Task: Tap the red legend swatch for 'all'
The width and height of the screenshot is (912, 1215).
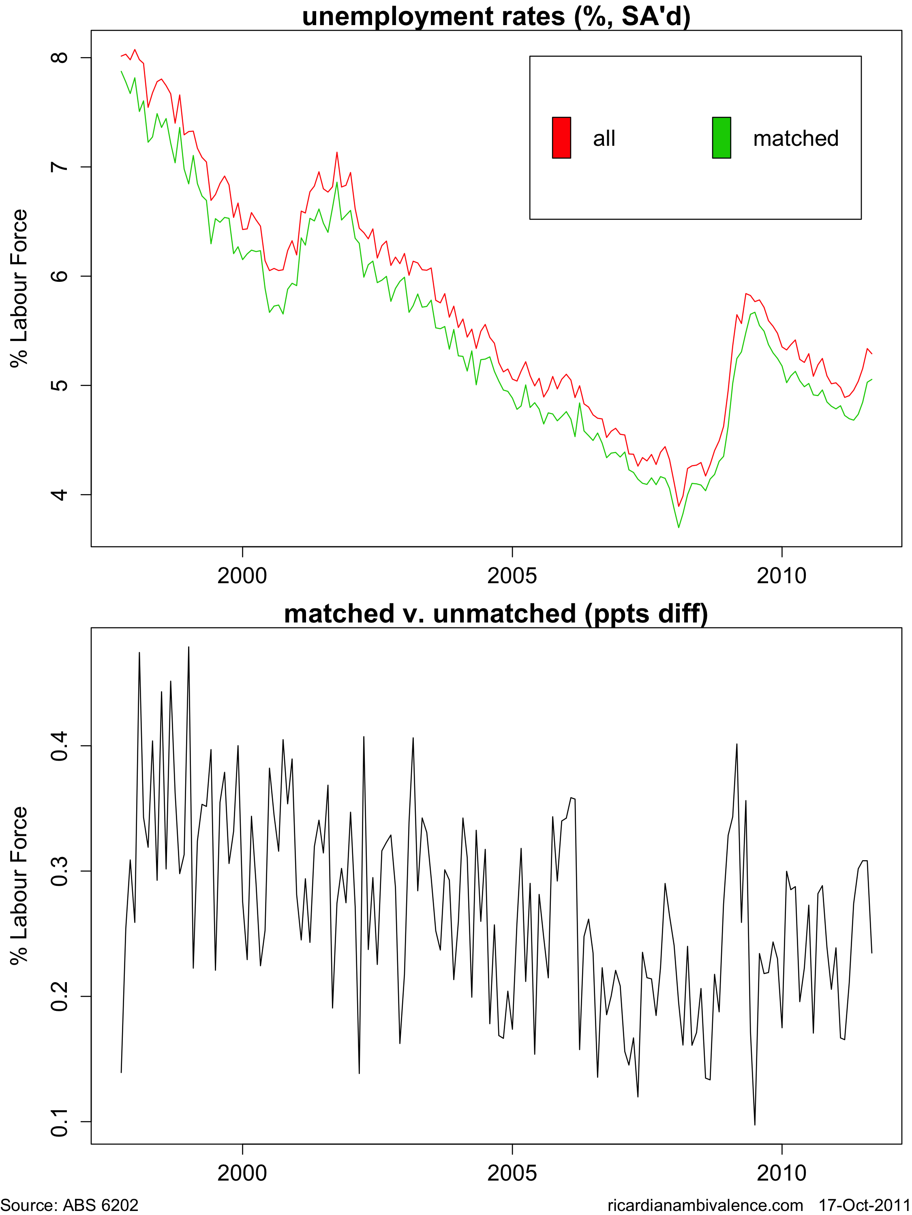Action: coord(561,138)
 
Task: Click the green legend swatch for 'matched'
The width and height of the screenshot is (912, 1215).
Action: coord(721,138)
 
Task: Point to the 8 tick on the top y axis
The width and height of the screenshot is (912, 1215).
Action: coord(59,58)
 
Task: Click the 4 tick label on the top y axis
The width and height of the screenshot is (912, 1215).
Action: coord(59,495)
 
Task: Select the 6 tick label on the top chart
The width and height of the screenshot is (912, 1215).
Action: coord(59,276)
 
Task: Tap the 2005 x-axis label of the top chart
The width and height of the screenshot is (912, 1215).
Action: coord(512,576)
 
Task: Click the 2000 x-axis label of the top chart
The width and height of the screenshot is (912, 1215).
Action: coord(242,576)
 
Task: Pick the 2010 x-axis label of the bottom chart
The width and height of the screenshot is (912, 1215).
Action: coord(781,1173)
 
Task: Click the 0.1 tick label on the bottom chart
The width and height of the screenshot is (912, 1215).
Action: coord(59,1121)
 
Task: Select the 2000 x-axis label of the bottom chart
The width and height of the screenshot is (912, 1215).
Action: coord(242,1173)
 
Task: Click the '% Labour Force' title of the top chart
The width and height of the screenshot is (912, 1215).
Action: coord(19,288)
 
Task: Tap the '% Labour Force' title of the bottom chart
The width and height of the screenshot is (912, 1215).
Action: coord(19,885)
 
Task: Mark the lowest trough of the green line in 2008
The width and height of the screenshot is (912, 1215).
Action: coord(679,527)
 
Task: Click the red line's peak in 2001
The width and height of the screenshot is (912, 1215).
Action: coord(337,153)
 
